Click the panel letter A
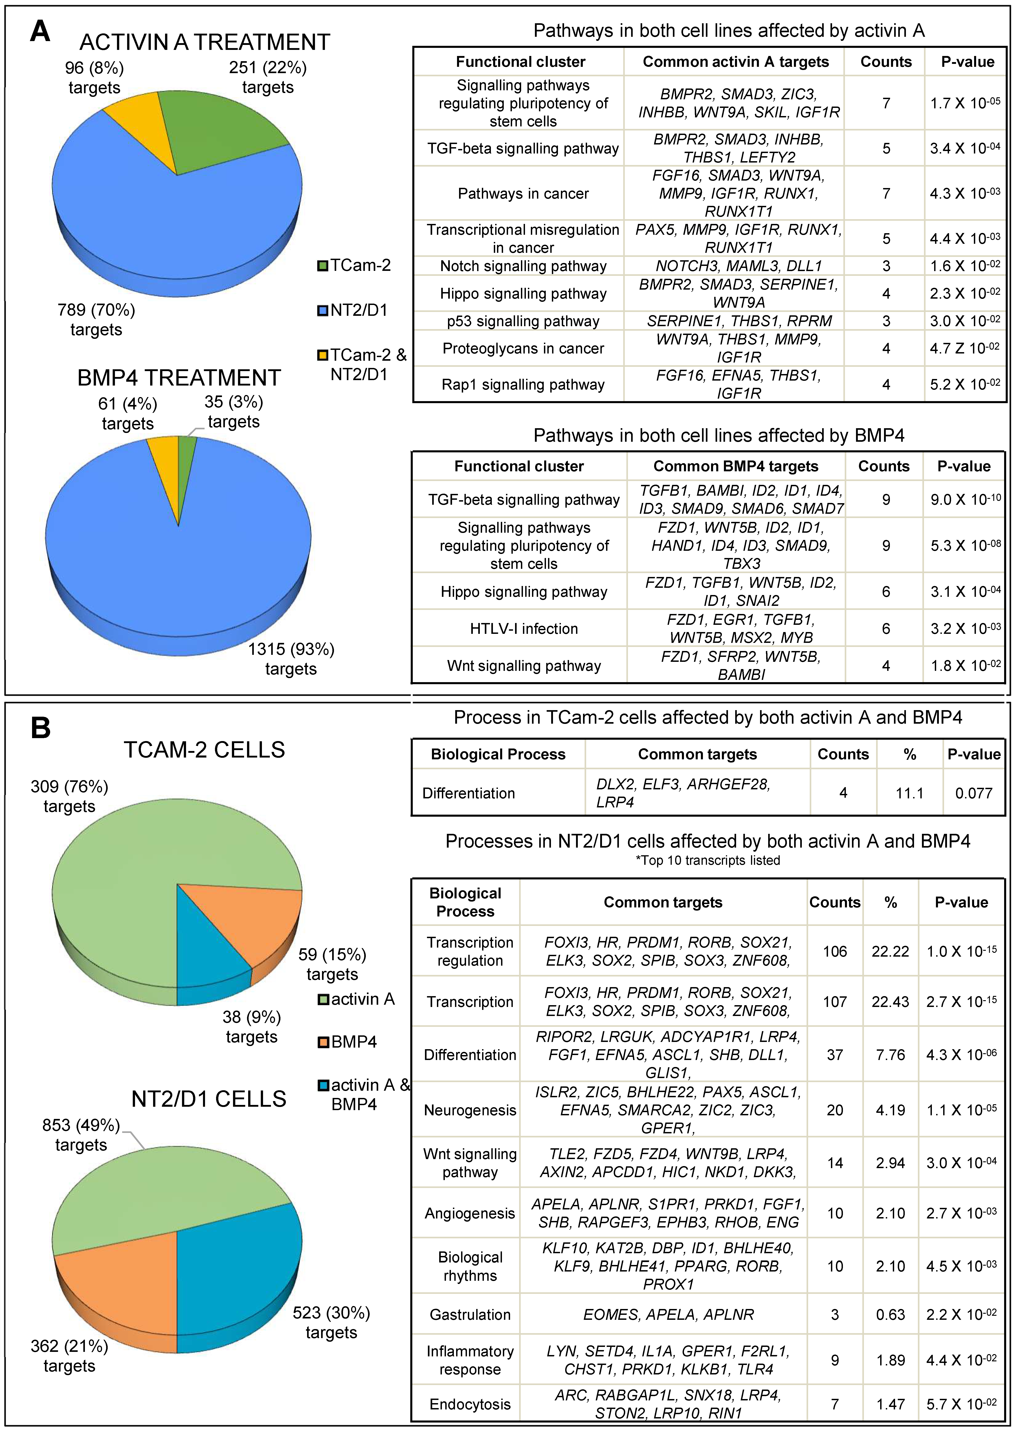tap(40, 31)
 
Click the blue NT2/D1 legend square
tap(322, 310)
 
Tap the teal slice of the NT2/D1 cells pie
tap(238, 1277)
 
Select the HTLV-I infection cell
tap(524, 628)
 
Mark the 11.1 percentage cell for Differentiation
tap(909, 793)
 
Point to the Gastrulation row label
tap(470, 1314)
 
